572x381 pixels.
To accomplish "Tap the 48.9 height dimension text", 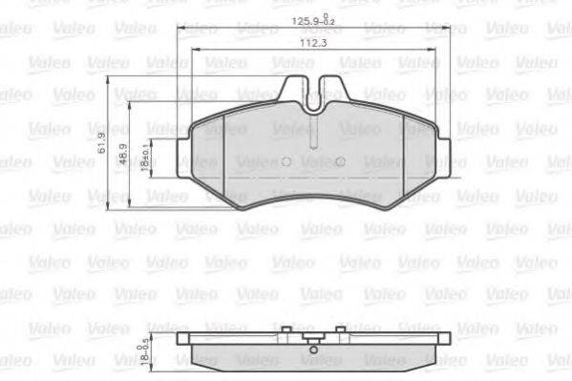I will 123,155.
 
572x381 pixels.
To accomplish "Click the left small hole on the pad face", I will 286,161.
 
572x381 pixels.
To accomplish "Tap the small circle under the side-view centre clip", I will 313,350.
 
